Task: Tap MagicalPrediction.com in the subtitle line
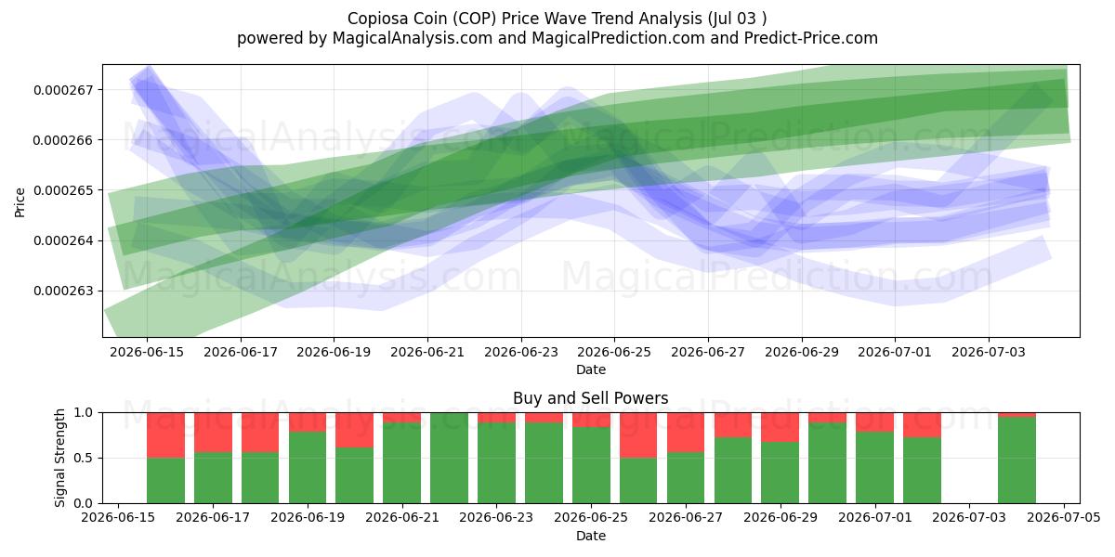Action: click(618, 38)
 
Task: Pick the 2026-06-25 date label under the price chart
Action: click(614, 352)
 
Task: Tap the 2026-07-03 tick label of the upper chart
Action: click(989, 352)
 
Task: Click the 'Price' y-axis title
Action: click(20, 202)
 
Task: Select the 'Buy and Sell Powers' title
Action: click(590, 398)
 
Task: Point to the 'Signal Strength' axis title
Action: click(59, 458)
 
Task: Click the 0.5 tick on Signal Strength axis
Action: click(83, 458)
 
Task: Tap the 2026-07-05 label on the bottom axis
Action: click(1064, 518)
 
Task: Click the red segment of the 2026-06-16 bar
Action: click(165, 435)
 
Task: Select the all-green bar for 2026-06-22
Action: click(450, 458)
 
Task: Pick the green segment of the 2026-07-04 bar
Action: click(1017, 460)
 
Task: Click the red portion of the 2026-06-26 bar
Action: click(638, 435)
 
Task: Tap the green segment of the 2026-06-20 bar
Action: click(354, 475)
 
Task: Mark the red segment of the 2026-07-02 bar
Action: click(923, 425)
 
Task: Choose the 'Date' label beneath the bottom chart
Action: click(590, 536)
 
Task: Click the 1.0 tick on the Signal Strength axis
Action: click(83, 413)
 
